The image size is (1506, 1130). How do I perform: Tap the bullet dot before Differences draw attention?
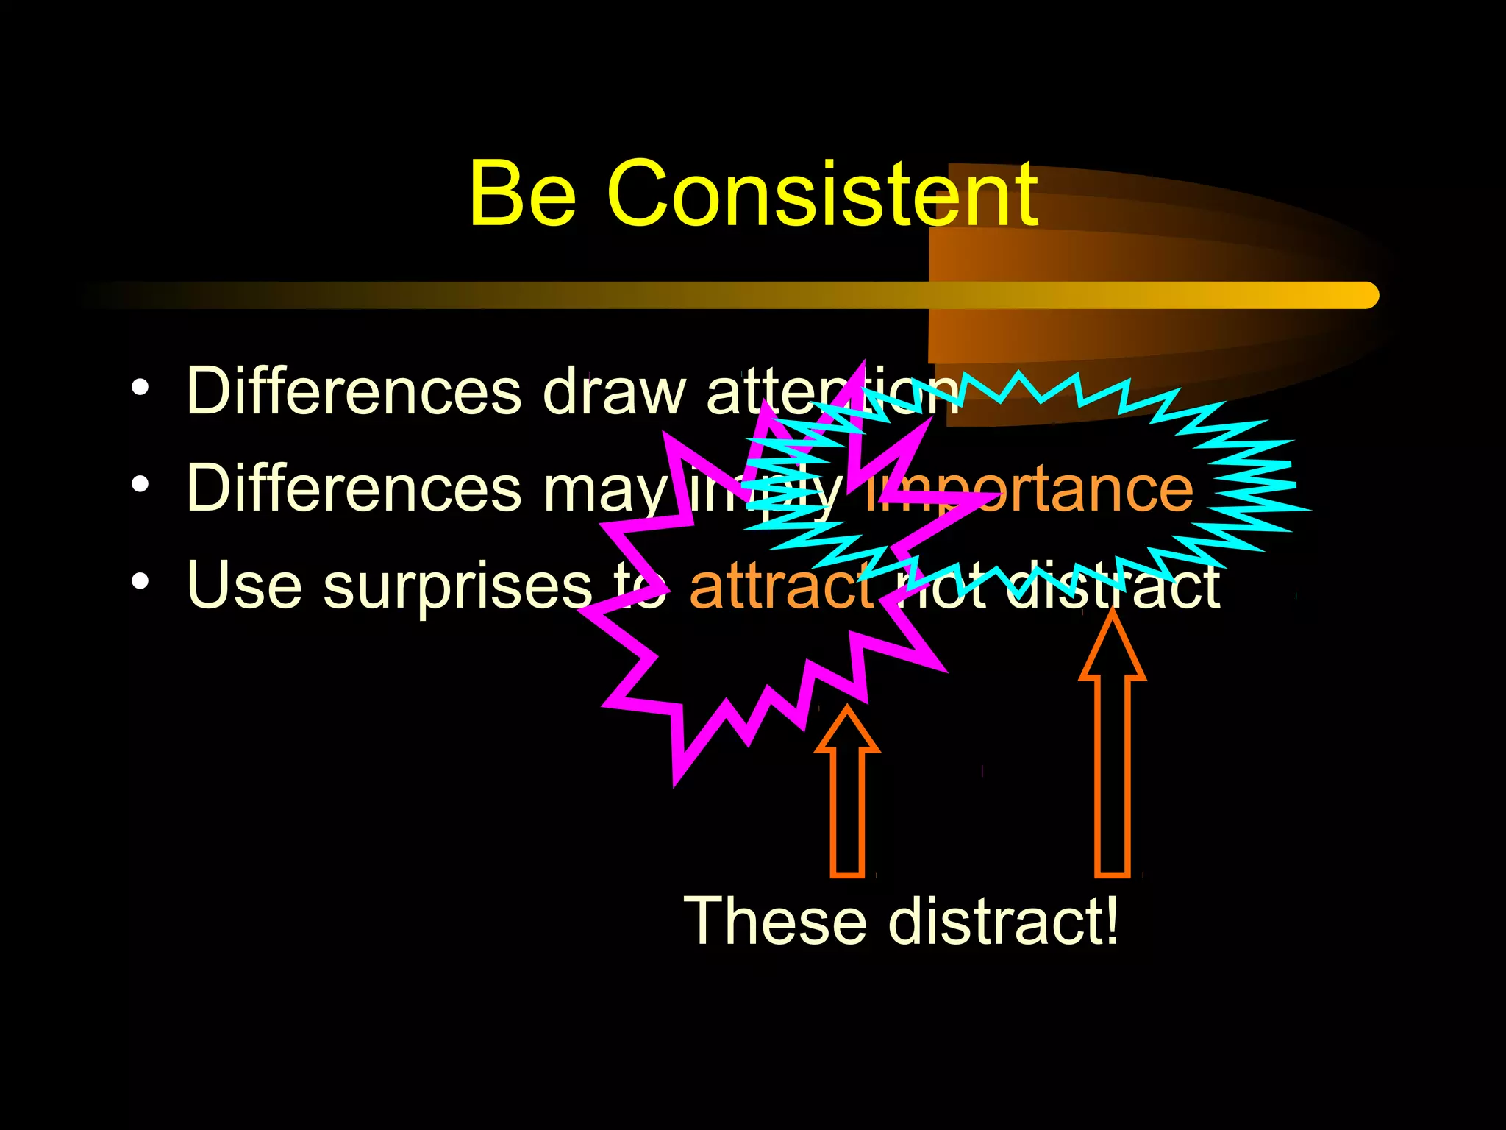click(140, 388)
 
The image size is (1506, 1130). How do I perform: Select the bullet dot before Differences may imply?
click(140, 486)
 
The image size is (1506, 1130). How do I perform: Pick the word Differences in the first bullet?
click(354, 391)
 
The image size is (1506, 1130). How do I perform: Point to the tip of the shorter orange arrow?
click(847, 710)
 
